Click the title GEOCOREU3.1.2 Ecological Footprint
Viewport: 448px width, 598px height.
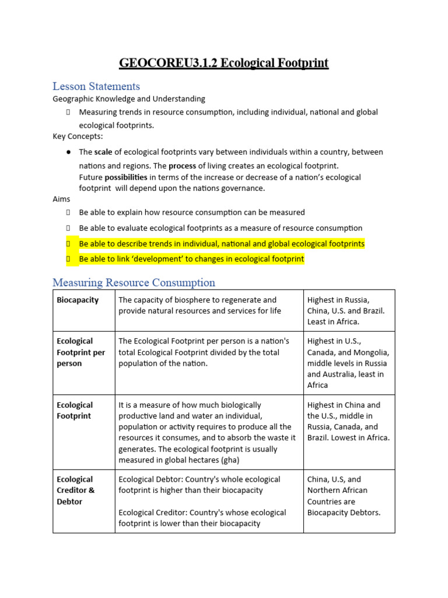(x=223, y=62)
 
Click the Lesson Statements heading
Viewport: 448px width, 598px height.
(x=96, y=86)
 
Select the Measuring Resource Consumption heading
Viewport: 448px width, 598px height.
(x=134, y=283)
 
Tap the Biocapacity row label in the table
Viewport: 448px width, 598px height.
(x=78, y=300)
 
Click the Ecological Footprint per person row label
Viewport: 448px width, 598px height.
(x=80, y=352)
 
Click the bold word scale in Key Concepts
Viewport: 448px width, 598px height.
(x=103, y=152)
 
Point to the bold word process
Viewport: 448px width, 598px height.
(x=182, y=166)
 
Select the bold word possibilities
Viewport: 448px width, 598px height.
(x=125, y=177)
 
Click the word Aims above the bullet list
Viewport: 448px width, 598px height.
(x=61, y=199)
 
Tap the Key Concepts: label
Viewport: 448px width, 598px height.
(x=78, y=136)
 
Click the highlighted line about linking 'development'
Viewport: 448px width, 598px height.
(x=191, y=259)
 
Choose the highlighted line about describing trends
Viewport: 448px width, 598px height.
(x=221, y=244)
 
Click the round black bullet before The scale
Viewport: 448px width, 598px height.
(x=68, y=152)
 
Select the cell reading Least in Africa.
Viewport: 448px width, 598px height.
(x=333, y=322)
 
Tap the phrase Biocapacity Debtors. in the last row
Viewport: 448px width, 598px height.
(x=344, y=513)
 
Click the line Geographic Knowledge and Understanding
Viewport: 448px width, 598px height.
(x=129, y=99)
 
